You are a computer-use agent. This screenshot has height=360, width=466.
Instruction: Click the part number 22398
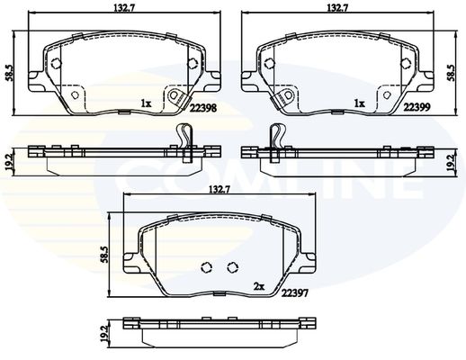coord(202,108)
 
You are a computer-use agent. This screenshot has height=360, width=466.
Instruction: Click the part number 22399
coord(417,107)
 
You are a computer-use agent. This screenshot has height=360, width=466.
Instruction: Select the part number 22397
coord(294,292)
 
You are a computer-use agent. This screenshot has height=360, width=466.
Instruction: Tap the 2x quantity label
coord(259,287)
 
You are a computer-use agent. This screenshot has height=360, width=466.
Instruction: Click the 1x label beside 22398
coord(147,103)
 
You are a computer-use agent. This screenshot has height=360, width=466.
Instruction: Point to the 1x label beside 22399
coord(360,103)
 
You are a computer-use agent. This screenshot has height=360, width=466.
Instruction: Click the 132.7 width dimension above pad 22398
coord(124,8)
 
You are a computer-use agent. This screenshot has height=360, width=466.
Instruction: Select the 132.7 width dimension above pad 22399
coord(338,8)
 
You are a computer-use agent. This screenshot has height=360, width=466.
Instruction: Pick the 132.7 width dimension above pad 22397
coord(220,190)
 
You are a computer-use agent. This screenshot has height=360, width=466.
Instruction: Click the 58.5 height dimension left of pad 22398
coord(10,73)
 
